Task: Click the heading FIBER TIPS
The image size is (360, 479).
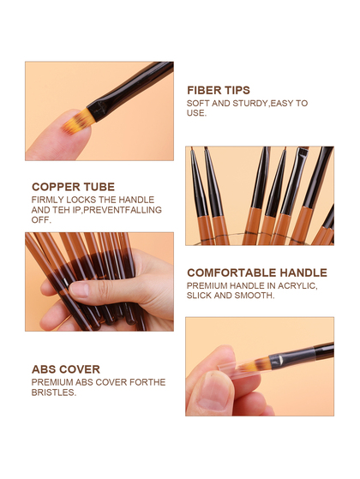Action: click(219, 91)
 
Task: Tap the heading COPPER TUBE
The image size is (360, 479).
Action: click(73, 187)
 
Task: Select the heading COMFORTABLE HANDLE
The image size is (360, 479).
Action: click(257, 272)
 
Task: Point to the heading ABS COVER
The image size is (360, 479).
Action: click(66, 369)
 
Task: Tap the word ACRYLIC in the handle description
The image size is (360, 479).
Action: click(297, 286)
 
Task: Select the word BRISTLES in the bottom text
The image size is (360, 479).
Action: click(53, 392)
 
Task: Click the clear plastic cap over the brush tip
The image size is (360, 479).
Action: click(243, 369)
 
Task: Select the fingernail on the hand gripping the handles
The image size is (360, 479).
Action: click(80, 290)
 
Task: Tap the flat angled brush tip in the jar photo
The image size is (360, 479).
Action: click(303, 150)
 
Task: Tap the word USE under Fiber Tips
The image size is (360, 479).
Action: click(196, 113)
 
